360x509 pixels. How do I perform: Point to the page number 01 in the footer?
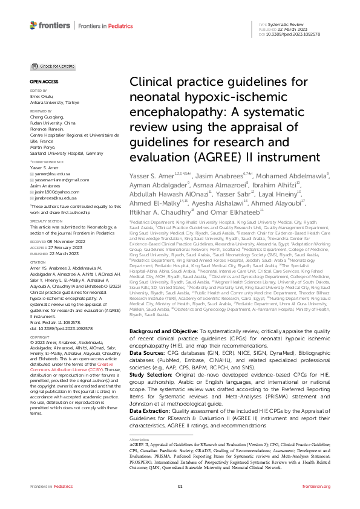pos(180,487)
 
